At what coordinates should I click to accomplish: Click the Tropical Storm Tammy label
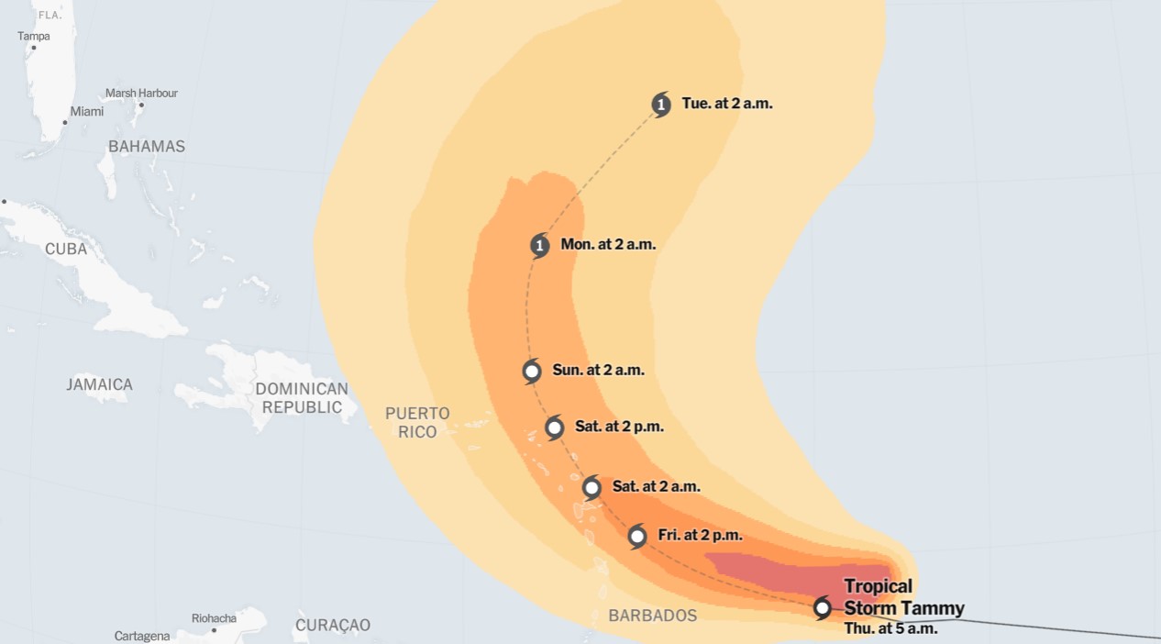[x=903, y=597]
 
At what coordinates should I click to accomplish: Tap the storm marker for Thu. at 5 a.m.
[x=823, y=607]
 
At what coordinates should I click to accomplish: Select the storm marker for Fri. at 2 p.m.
[x=637, y=536]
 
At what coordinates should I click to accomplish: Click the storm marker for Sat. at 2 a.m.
[x=592, y=487]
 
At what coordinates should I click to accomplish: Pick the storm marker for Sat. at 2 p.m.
[x=554, y=427]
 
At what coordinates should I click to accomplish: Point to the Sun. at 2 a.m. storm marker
[x=532, y=372]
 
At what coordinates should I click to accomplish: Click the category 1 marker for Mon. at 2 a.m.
[x=540, y=245]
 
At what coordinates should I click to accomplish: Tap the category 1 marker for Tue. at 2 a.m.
[x=661, y=105]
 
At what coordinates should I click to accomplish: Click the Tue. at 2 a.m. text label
[x=726, y=104]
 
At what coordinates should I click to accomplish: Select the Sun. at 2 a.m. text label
[x=598, y=371]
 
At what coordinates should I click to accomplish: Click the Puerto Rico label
[x=417, y=423]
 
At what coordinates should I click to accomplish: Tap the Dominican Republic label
[x=302, y=398]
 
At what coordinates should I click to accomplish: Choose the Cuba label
[x=66, y=250]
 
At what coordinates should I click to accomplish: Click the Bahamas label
[x=147, y=147]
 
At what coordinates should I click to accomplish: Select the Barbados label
[x=653, y=616]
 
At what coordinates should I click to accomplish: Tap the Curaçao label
[x=333, y=626]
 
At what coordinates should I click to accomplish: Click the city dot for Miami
[x=65, y=122]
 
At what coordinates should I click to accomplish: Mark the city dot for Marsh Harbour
[x=141, y=105]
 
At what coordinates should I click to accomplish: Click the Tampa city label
[x=34, y=37]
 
